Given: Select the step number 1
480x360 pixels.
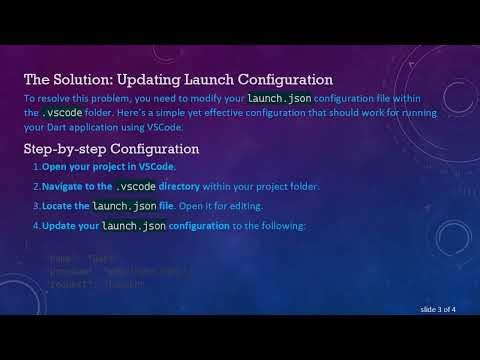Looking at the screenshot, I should (35, 166).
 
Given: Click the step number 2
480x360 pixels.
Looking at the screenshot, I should (35, 186).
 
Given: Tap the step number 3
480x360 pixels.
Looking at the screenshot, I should (35, 206).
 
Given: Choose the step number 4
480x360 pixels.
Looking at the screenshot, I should (35, 225).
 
